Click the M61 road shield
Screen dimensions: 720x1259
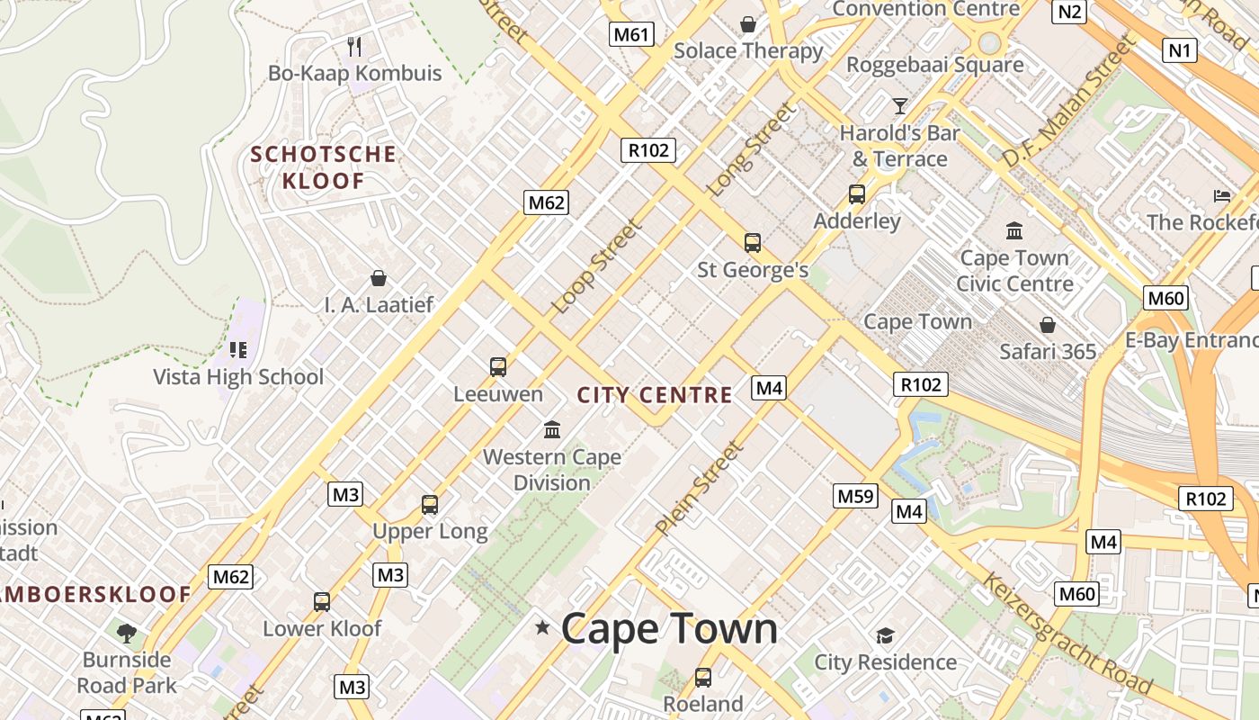[630, 35]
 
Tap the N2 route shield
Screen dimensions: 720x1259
[1069, 11]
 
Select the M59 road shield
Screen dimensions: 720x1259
[855, 496]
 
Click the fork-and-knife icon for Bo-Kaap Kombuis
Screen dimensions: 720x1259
[354, 46]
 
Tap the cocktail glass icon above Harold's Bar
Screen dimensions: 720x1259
[899, 106]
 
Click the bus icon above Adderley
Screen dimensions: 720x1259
[857, 193]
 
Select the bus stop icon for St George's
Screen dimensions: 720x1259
[753, 242]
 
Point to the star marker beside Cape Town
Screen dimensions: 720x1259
[542, 627]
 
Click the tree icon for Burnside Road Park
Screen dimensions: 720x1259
[127, 633]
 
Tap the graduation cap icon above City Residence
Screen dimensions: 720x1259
[885, 636]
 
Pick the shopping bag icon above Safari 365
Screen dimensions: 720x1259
[1048, 324]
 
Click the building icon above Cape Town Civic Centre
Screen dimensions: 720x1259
[1014, 230]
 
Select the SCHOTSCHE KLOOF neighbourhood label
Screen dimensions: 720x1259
[323, 167]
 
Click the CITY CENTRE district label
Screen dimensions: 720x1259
[655, 395]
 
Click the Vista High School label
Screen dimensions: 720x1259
[238, 377]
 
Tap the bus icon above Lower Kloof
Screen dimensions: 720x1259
[322, 601]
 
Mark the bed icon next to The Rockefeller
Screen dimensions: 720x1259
[1221, 195]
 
